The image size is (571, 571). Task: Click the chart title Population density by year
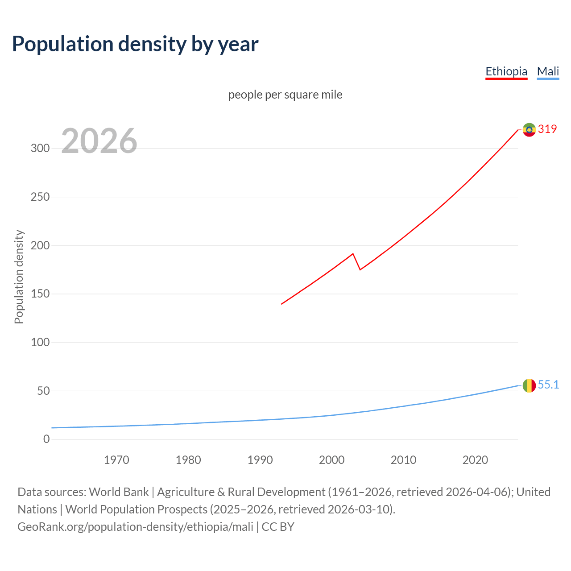point(135,44)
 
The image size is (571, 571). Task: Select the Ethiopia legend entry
point(506,71)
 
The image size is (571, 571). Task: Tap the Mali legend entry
point(548,71)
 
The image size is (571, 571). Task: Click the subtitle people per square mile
point(285,95)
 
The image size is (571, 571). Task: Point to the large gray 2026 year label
point(99,141)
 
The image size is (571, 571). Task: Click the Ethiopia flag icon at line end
point(529,130)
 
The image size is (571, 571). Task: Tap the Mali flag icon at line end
point(529,385)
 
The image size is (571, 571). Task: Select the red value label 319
point(547,129)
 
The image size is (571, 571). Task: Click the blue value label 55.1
point(548,385)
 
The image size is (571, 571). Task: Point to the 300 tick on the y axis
point(40,149)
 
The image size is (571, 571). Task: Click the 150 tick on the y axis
point(40,294)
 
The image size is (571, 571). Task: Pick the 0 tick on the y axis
point(46,439)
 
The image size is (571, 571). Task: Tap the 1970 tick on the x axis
point(116,460)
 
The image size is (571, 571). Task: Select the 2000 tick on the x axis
point(331,460)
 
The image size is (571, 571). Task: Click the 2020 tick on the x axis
point(475,460)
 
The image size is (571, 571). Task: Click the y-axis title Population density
point(19,277)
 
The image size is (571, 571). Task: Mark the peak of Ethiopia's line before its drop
point(353,254)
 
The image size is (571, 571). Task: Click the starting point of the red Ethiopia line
point(281,304)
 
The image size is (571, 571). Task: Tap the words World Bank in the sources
point(119,492)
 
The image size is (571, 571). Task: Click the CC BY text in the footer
point(278,527)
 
